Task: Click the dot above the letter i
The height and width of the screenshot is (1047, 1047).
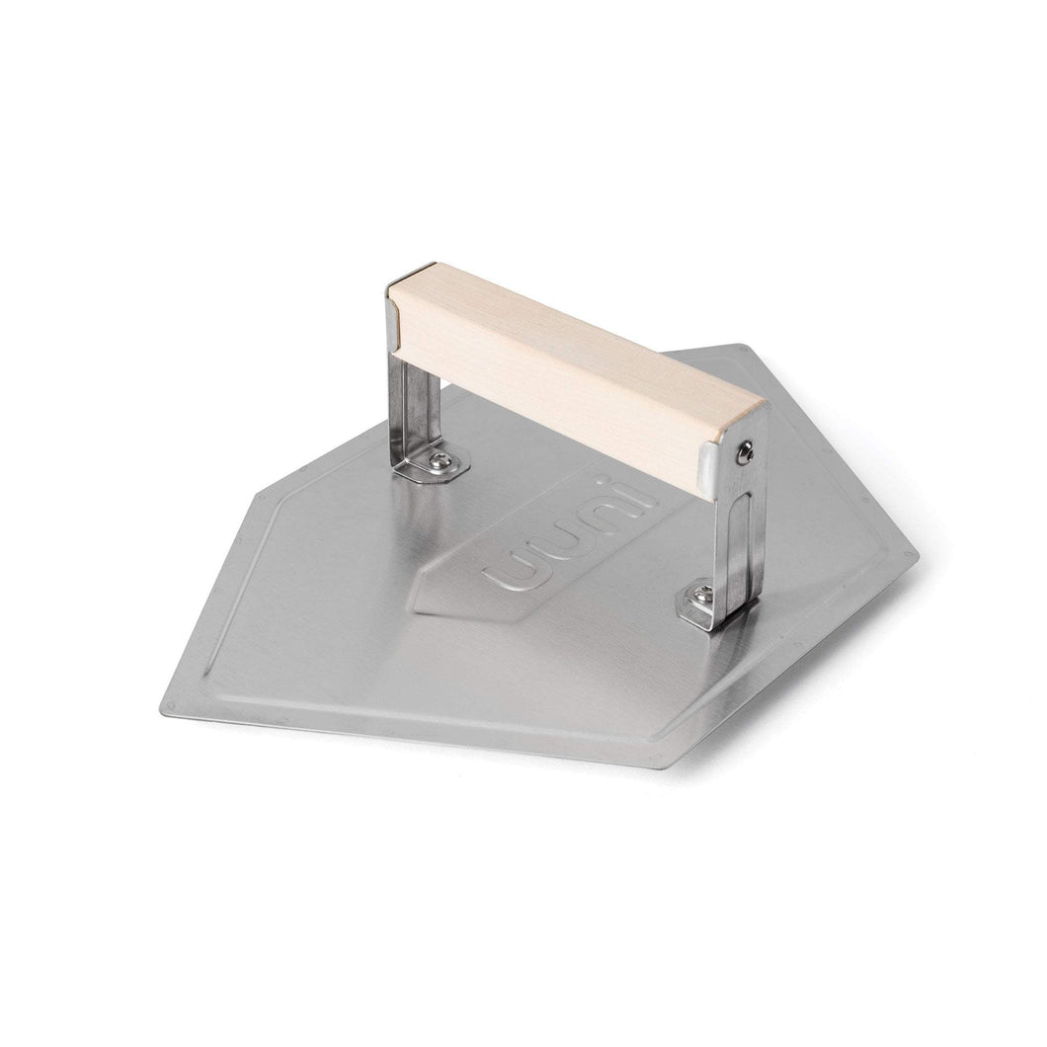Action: (x=604, y=479)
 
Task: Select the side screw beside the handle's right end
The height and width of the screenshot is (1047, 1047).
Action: (x=745, y=453)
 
